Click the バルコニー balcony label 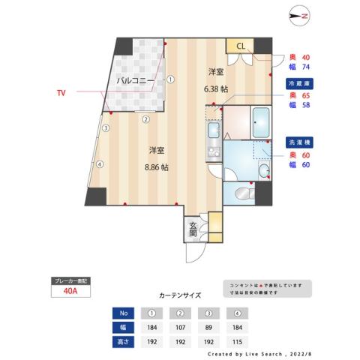point(136,79)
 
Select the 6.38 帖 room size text point(216,88)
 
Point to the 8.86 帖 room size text point(156,167)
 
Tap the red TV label point(61,93)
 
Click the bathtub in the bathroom point(261,122)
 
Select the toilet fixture point(244,195)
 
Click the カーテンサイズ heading point(180,295)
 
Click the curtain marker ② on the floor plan point(146,118)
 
